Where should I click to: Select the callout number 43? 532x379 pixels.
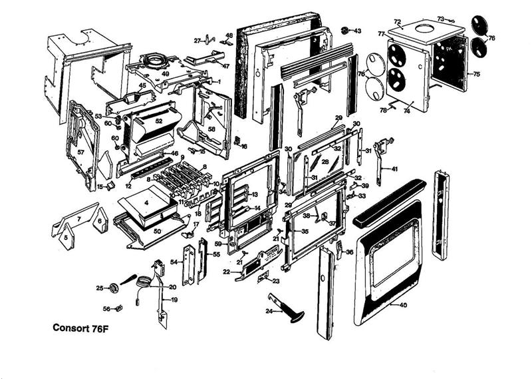[357, 31]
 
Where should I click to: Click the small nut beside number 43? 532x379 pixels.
[345, 31]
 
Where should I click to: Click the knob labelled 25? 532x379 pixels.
[114, 287]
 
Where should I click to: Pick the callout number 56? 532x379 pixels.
[106, 308]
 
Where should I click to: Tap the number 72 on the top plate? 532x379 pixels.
[397, 21]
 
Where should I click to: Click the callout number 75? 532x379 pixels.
[476, 75]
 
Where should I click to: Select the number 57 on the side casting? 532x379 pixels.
[80, 152]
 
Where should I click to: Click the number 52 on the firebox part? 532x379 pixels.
[158, 121]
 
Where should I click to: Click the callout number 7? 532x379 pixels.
[78, 217]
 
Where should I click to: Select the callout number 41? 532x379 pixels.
[394, 169]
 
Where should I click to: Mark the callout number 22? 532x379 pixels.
[227, 272]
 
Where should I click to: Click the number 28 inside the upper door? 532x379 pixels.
[325, 162]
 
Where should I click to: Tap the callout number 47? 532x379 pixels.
[225, 66]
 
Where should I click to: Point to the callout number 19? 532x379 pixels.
[174, 300]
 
